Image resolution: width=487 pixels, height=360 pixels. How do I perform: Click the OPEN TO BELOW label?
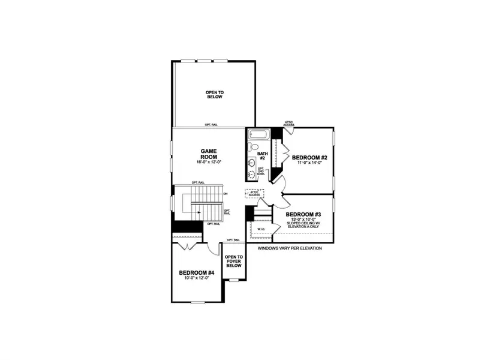(214, 94)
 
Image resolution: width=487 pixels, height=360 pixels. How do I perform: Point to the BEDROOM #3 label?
(303, 214)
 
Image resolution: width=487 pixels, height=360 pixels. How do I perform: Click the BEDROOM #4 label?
(197, 273)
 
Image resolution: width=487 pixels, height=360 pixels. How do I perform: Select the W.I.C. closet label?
(261, 229)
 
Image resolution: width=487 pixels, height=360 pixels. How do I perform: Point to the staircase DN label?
(226, 194)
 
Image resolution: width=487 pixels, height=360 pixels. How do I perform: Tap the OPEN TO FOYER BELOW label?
(233, 262)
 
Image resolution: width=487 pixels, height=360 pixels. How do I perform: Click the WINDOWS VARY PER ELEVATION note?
(290, 248)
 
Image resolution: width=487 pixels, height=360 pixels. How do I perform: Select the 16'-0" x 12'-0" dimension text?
(209, 162)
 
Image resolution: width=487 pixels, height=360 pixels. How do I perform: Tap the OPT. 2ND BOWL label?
(261, 172)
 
